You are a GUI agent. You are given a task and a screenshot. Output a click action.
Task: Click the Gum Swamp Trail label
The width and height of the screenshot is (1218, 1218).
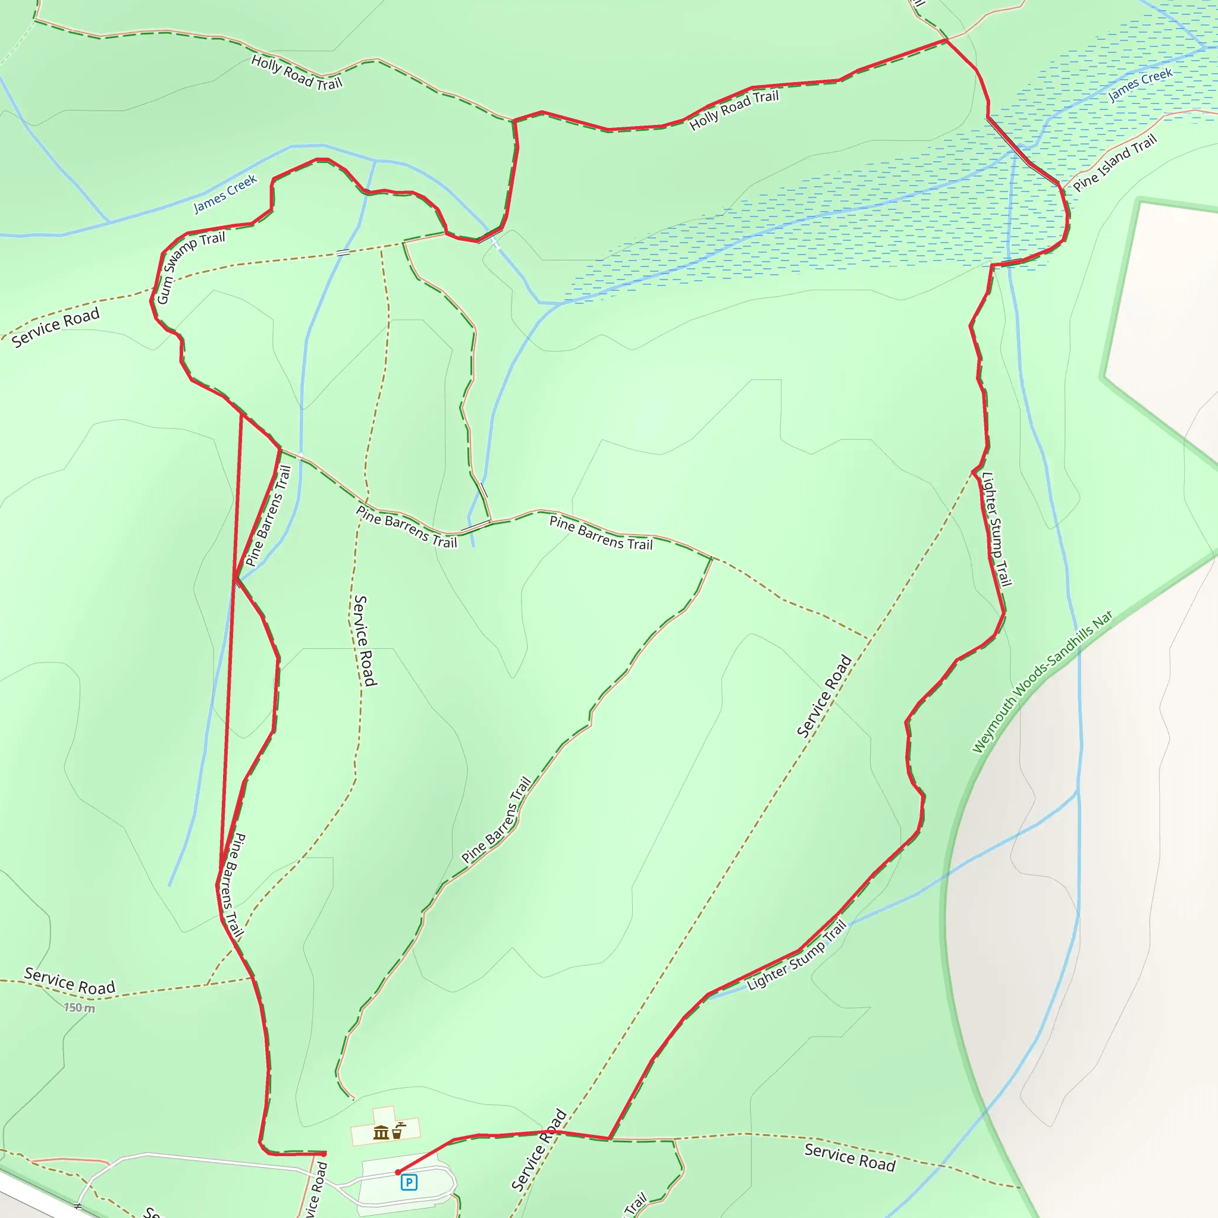[190, 267]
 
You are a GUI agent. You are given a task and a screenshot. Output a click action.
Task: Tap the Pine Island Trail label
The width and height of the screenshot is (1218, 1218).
[1115, 162]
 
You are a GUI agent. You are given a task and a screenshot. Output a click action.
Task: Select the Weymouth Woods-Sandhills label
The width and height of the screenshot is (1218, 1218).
[1041, 682]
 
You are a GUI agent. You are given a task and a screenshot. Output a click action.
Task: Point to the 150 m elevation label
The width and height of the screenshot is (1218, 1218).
[80, 1008]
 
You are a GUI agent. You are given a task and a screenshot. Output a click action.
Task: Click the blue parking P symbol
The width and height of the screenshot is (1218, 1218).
[409, 1182]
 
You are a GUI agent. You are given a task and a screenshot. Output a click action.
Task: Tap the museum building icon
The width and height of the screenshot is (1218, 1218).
[381, 1133]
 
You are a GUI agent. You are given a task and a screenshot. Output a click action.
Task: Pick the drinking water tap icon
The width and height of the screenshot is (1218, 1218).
[398, 1131]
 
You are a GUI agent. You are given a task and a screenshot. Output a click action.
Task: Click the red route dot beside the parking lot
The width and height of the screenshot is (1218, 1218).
[398, 1172]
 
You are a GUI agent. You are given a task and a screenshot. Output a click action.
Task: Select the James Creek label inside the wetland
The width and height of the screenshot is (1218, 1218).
[1141, 84]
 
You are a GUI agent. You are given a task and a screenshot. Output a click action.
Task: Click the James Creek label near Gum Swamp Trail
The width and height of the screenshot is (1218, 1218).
[225, 193]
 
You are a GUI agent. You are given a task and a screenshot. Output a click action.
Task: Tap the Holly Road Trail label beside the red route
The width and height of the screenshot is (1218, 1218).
[734, 109]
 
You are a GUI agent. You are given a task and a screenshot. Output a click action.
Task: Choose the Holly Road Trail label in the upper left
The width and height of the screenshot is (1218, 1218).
[296, 72]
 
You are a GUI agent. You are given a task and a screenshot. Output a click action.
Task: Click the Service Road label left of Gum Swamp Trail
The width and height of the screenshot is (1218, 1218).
[55, 327]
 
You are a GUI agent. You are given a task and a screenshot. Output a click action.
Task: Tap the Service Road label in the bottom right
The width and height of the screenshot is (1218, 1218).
[850, 1157]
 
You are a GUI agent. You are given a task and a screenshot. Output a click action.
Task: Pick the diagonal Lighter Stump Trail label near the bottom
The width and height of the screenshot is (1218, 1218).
[796, 956]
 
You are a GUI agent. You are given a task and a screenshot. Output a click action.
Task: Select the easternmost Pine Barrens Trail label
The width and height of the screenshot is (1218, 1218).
[601, 533]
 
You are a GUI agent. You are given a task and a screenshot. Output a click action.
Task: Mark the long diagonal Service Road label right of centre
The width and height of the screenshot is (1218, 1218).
[824, 696]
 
